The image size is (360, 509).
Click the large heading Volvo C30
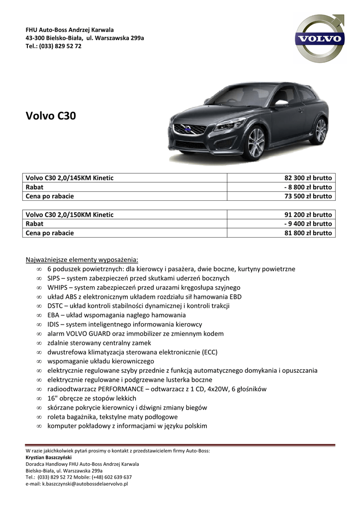click(51, 116)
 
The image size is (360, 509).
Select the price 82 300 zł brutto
click(308, 178)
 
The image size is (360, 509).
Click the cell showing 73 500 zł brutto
click(308, 196)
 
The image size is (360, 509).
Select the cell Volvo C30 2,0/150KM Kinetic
click(70, 215)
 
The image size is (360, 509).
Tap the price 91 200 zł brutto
click(308, 215)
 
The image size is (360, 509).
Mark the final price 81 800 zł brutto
click(308, 233)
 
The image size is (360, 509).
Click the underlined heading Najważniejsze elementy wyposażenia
click(82, 259)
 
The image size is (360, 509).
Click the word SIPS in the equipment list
click(55, 278)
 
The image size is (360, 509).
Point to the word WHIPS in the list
click(58, 287)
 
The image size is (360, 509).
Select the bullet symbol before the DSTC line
click(39, 306)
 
